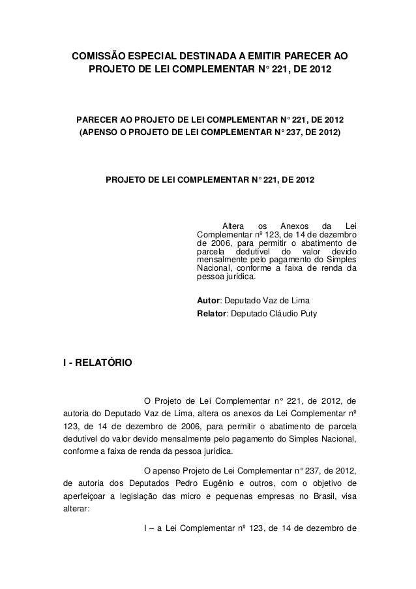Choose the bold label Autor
point(207,301)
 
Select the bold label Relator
point(211,314)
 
